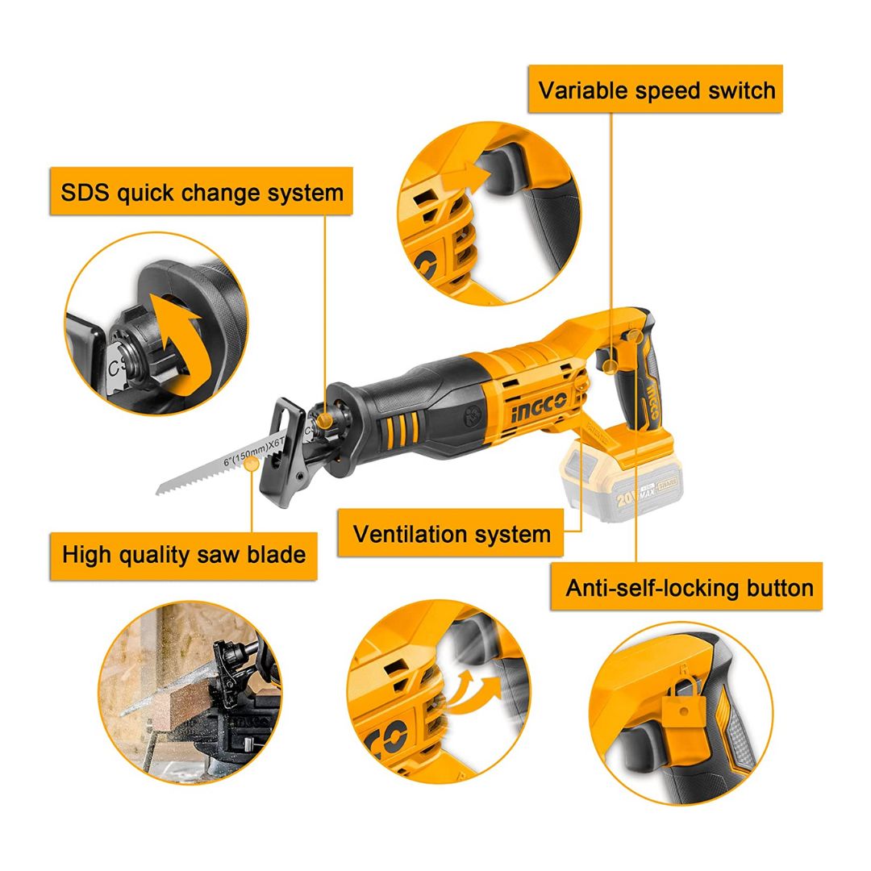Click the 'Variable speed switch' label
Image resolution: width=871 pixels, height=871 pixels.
click(656, 90)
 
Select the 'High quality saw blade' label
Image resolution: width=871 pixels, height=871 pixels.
click(183, 555)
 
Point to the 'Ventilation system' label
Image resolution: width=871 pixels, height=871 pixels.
click(451, 534)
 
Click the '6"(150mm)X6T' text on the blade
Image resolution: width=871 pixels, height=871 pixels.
click(253, 452)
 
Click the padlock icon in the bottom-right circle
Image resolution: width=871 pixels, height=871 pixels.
click(683, 703)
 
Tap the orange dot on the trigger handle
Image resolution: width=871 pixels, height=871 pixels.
click(611, 365)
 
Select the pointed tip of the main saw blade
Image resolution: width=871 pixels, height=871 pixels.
click(157, 491)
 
